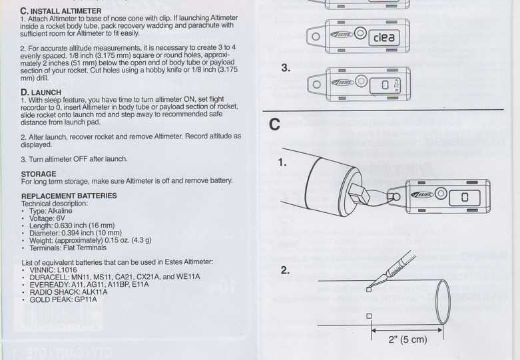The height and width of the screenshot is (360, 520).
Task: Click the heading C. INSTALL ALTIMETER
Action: (x=61, y=11)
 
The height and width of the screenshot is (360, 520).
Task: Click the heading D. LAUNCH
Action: (x=41, y=92)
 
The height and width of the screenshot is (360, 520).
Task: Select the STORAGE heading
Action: (x=39, y=174)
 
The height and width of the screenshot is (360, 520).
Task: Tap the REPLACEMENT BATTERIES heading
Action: (x=69, y=196)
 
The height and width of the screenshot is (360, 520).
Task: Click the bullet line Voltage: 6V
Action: (x=47, y=218)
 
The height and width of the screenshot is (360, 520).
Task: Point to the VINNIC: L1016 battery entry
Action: (x=53, y=270)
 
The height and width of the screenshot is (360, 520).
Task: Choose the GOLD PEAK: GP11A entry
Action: (x=63, y=299)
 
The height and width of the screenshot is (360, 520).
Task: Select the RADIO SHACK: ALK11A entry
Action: (x=69, y=292)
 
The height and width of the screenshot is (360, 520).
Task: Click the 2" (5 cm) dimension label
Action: (x=407, y=339)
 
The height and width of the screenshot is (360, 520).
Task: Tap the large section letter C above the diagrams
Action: (x=274, y=124)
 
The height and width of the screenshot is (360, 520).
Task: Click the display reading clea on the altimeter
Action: (x=384, y=37)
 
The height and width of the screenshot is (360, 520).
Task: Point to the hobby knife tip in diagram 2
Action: (x=369, y=287)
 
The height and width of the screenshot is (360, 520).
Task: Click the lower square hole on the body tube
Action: (x=369, y=316)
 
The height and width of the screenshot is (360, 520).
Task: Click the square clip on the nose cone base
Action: (x=359, y=194)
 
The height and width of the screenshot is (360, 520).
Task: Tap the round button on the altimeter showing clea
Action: (x=360, y=33)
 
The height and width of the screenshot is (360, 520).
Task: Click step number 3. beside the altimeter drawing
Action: (x=286, y=68)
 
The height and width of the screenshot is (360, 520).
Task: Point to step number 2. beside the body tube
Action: (x=285, y=270)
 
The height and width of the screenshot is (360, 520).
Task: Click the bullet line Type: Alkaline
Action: (x=51, y=211)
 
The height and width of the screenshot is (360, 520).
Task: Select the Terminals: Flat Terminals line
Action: (x=68, y=248)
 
